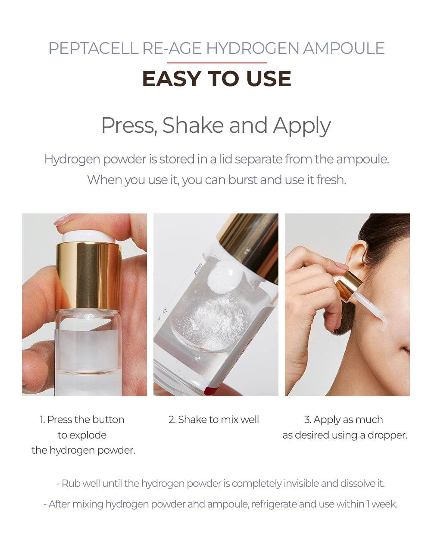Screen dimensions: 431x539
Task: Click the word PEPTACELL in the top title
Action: click(94, 48)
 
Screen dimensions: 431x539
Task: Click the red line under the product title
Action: click(217, 63)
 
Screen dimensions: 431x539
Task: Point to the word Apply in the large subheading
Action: click(302, 126)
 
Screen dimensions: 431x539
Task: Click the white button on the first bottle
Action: click(88, 236)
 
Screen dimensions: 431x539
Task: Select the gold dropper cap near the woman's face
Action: click(349, 286)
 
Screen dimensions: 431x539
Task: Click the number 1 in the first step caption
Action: click(42, 420)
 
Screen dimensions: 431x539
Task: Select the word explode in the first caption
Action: click(87, 436)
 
